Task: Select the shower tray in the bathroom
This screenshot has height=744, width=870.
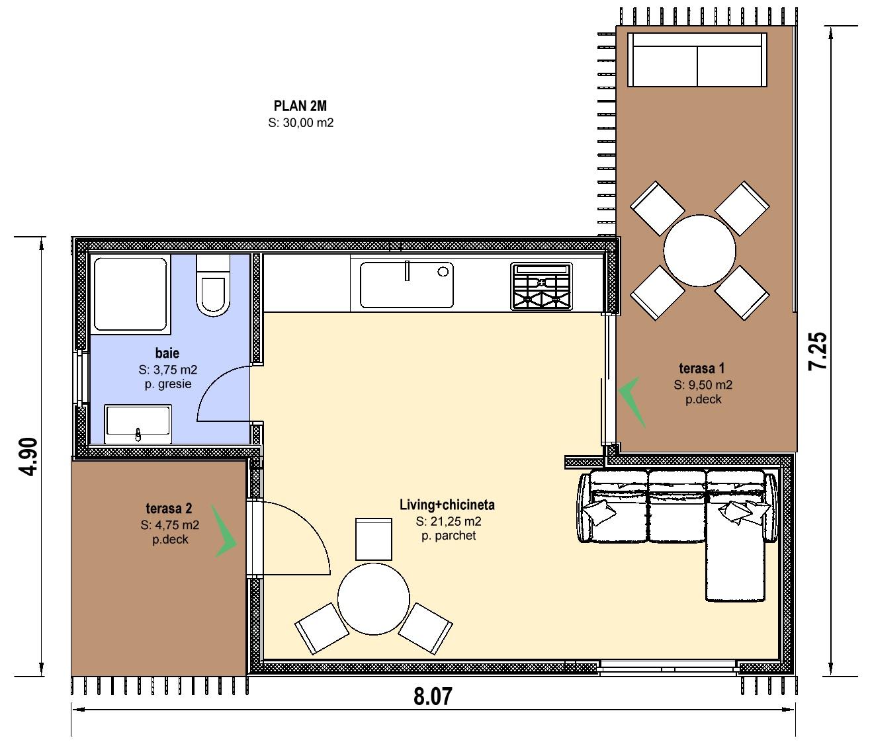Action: [x=130, y=294]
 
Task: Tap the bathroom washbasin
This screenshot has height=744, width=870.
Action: [x=138, y=424]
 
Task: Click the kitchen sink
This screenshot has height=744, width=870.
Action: [x=407, y=284]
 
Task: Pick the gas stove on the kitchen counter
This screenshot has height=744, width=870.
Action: [x=541, y=286]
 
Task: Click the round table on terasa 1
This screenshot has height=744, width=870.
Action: [x=699, y=251]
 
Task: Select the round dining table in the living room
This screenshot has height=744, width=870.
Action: [x=373, y=599]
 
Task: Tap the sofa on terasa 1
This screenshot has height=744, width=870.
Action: [x=697, y=60]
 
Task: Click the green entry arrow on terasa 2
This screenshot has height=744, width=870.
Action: [x=225, y=532]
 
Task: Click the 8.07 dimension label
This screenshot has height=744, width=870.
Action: [x=432, y=696]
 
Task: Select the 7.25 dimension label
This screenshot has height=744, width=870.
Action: [x=817, y=351]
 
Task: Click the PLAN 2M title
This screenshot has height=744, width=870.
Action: [x=300, y=106]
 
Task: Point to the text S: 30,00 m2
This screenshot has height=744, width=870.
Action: [x=301, y=123]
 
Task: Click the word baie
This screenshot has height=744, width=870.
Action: [x=167, y=352]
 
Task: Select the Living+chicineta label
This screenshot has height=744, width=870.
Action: [x=447, y=505]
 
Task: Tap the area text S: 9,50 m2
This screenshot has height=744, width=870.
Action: [x=703, y=385]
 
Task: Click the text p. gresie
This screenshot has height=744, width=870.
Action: [x=168, y=384]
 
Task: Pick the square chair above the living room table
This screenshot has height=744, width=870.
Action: [x=373, y=539]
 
